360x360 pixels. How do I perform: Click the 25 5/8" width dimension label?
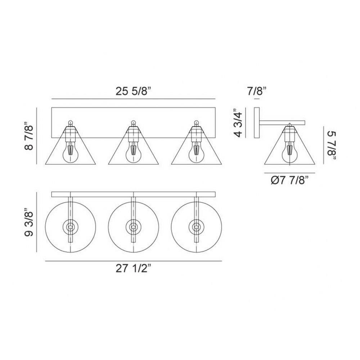click(x=134, y=91)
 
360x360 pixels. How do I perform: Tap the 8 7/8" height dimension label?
click(x=29, y=136)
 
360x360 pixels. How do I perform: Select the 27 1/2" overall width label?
click(x=134, y=268)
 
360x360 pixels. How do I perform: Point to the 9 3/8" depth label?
click(x=29, y=222)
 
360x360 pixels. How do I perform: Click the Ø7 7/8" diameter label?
click(x=289, y=180)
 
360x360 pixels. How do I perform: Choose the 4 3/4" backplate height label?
click(x=238, y=123)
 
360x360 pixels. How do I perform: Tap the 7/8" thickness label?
click(x=257, y=91)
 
